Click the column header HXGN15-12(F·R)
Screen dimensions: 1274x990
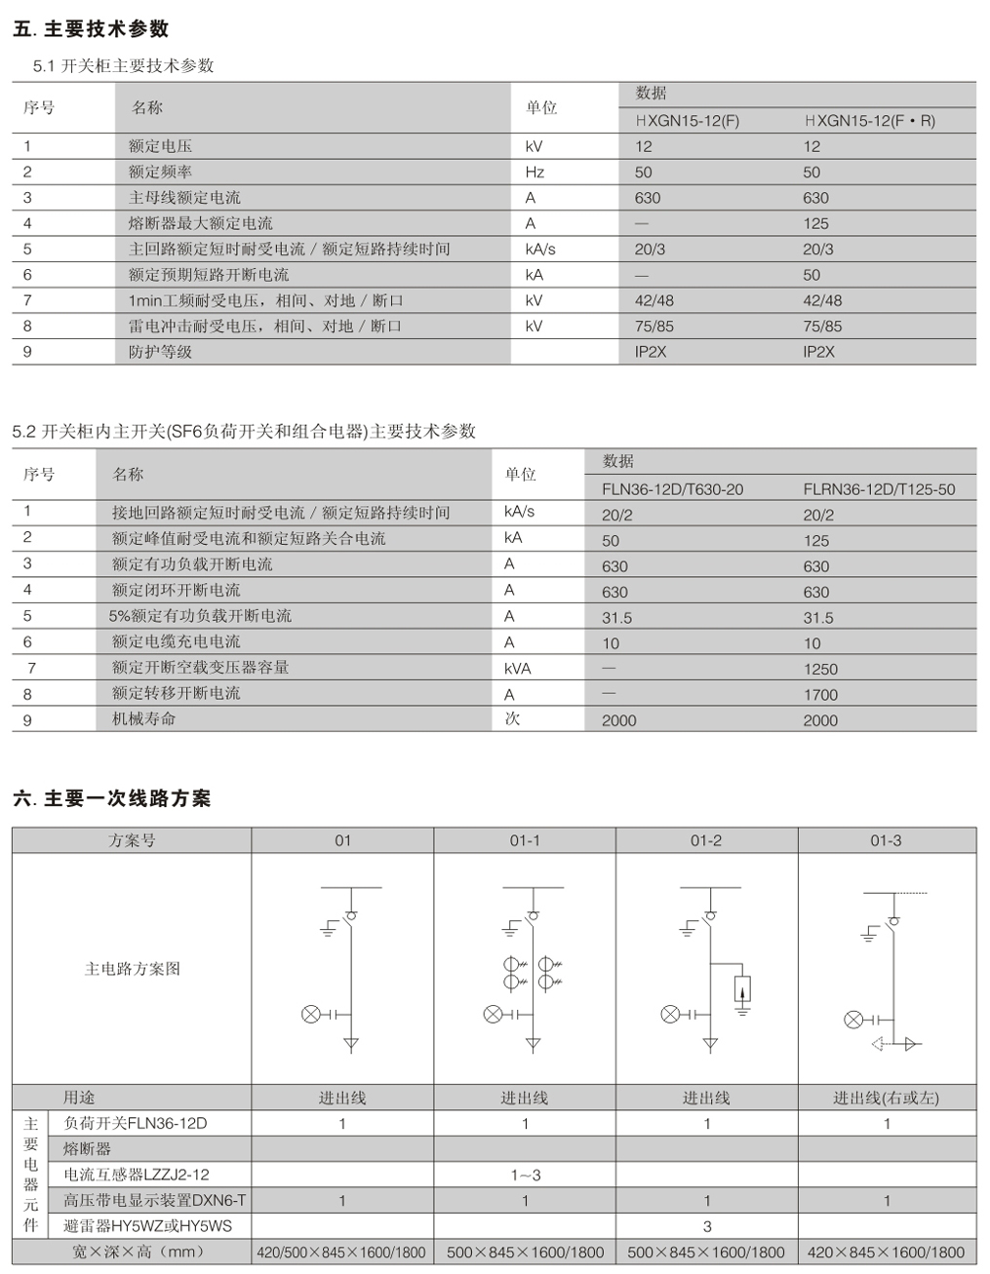[869, 121]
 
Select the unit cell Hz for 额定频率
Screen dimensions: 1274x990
[535, 173]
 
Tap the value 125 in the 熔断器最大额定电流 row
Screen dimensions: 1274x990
[816, 223]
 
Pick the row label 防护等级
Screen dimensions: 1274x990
[160, 352]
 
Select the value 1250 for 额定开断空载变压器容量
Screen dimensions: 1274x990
[820, 669]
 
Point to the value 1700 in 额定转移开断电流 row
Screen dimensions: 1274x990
[820, 695]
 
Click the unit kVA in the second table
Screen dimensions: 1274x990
[518, 669]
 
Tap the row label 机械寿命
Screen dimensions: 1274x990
[144, 719]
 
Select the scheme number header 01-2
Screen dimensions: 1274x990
[706, 840]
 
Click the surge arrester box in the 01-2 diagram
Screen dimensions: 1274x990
[743, 989]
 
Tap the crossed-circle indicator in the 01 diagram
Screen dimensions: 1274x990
[310, 1015]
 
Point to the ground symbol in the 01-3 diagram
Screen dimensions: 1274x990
[868, 937]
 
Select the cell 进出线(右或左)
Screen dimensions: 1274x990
[886, 1098]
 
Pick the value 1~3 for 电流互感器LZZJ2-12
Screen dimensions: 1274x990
[525, 1175]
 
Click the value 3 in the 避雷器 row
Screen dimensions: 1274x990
[707, 1226]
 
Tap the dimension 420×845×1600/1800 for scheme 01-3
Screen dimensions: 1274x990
[886, 1253]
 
